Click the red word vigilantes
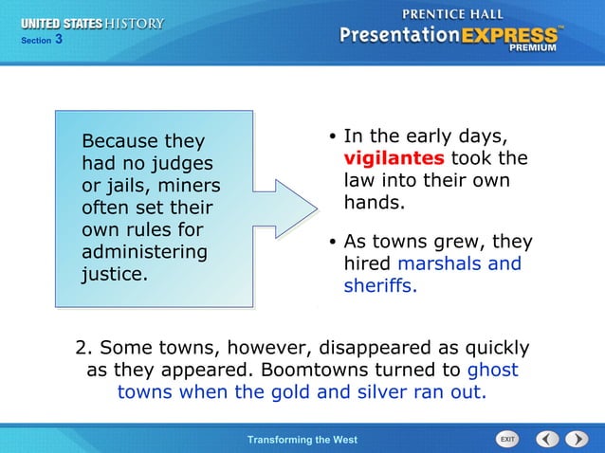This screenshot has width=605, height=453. point(393,158)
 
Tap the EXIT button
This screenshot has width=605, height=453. point(508,439)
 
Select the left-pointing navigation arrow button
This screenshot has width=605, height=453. point(547,439)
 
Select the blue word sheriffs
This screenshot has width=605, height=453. point(379,285)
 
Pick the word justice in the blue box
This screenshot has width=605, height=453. point(114,275)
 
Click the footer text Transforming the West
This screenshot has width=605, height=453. point(302,440)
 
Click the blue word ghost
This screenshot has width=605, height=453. point(493,370)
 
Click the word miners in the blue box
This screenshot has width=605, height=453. point(188,186)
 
